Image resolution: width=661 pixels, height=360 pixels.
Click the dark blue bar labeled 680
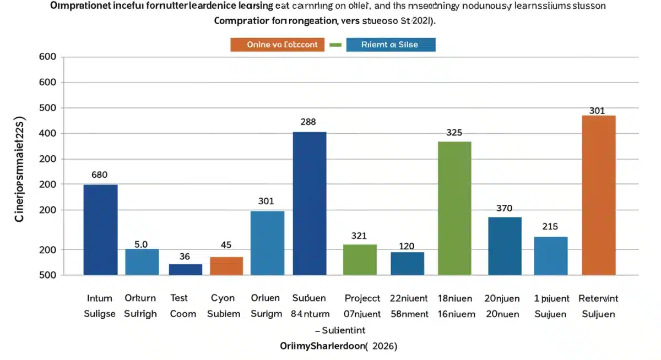[x=100, y=230]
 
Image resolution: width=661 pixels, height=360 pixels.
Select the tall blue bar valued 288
[x=310, y=203]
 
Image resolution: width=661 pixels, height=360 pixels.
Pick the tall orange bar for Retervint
[x=599, y=195]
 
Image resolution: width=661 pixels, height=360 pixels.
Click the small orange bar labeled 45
[x=226, y=266]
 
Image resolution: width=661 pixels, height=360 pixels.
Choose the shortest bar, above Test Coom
[x=185, y=269]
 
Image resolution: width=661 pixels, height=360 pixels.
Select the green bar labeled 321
[x=360, y=260]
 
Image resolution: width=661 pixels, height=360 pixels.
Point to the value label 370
[x=504, y=209]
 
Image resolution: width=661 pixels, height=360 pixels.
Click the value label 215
[x=550, y=227]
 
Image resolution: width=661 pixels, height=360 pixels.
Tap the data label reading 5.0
[x=141, y=244]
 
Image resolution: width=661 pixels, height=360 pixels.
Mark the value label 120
[x=407, y=246]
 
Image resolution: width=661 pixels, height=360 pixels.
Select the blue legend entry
[x=391, y=45]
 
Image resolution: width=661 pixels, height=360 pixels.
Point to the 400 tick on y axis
[x=48, y=134]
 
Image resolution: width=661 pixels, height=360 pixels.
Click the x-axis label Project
[x=362, y=298]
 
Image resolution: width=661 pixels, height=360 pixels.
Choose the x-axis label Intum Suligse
[x=100, y=306]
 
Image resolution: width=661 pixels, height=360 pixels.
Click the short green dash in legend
[x=335, y=45]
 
